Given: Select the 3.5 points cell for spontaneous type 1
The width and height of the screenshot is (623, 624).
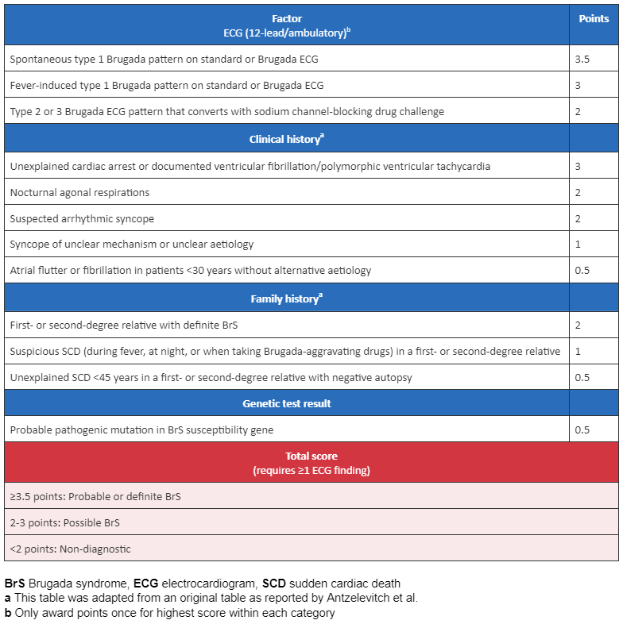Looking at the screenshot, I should click(582, 59).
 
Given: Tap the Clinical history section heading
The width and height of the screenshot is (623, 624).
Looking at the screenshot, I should click(286, 139).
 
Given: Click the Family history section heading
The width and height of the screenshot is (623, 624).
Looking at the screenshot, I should click(286, 299).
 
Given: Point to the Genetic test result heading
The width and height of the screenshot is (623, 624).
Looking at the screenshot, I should click(286, 403).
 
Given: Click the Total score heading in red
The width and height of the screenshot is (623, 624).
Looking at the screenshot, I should click(311, 456).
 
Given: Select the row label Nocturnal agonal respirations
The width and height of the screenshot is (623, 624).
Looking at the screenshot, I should click(79, 192).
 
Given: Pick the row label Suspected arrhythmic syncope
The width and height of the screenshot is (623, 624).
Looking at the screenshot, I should click(83, 218).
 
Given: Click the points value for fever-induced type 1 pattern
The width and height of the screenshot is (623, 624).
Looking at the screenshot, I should click(578, 85).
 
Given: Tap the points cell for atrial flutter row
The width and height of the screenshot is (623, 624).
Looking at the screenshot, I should click(582, 270).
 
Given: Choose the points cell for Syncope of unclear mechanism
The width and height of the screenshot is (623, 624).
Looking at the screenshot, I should click(578, 244).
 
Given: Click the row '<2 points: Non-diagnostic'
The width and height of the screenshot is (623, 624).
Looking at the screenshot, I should click(70, 549).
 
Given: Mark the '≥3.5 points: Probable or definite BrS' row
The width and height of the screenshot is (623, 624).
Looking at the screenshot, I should click(95, 496).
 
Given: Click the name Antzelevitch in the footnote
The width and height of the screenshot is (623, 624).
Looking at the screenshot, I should click(377, 598).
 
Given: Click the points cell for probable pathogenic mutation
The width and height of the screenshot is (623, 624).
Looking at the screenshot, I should click(582, 429).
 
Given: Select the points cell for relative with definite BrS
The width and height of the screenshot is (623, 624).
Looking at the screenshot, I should click(578, 325).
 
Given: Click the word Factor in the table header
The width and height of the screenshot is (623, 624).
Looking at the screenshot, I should click(285, 17).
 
